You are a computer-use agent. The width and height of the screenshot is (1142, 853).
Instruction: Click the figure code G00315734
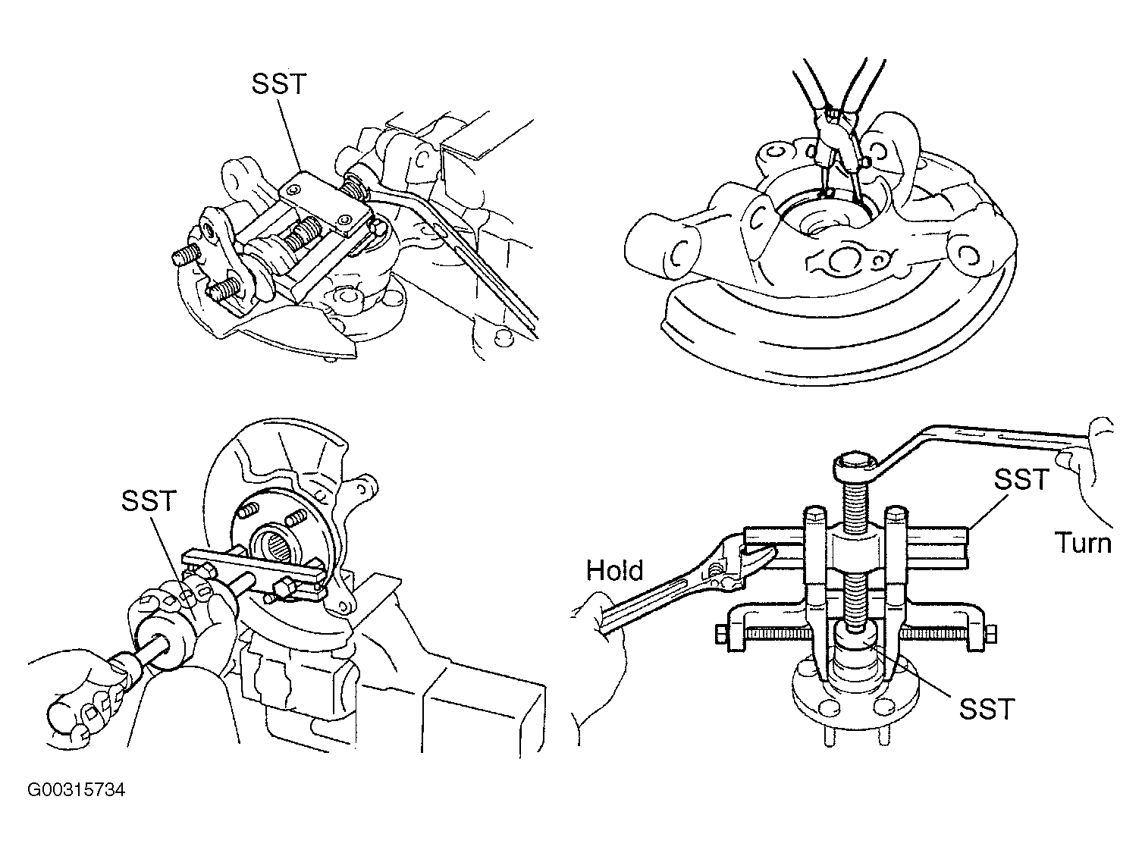click(x=76, y=790)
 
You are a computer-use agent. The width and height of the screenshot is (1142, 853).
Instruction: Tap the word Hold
click(x=614, y=571)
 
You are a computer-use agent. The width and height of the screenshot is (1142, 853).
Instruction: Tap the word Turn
click(x=1083, y=543)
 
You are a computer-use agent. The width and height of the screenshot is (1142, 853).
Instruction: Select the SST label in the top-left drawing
click(x=279, y=83)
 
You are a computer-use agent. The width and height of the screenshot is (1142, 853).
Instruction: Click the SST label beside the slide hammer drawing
click(x=149, y=501)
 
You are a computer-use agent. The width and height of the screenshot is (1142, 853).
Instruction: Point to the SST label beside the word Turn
click(x=1021, y=479)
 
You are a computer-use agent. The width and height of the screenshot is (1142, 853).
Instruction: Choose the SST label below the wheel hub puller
click(x=987, y=709)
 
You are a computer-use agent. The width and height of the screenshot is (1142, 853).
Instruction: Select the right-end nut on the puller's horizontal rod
click(x=990, y=634)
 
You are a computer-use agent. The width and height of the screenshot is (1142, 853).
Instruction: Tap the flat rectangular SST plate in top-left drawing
click(x=325, y=201)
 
